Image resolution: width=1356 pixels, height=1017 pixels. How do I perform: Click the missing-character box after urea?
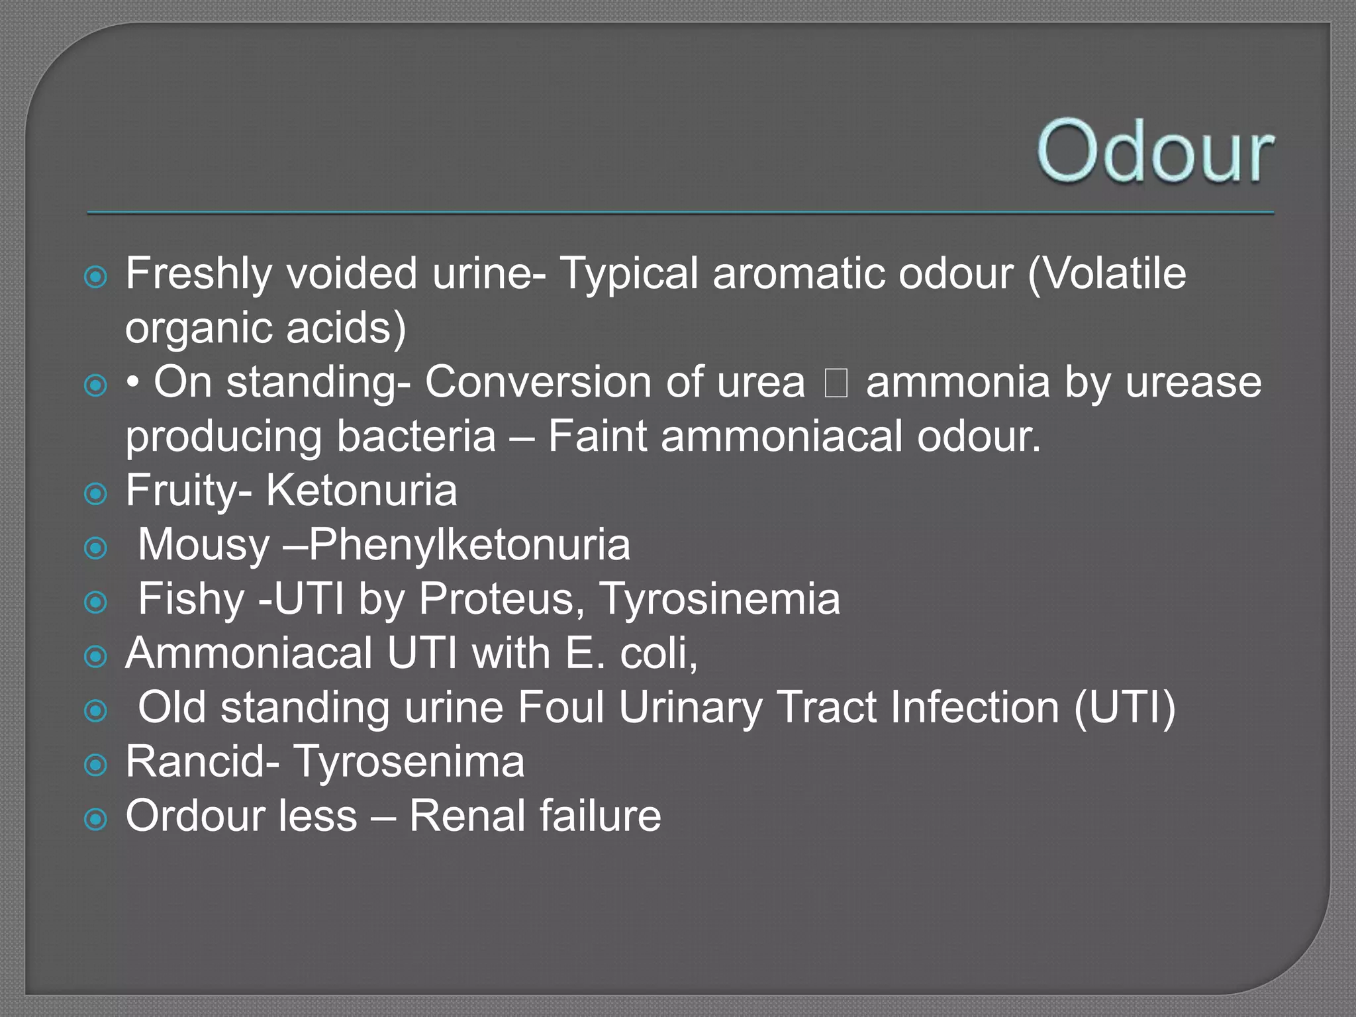pyautogui.click(x=836, y=383)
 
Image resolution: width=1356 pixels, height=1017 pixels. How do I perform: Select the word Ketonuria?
pyautogui.click(x=362, y=491)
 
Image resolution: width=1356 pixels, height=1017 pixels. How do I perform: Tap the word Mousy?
pyautogui.click(x=203, y=545)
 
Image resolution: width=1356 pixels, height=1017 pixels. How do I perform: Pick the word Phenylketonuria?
pyautogui.click(x=469, y=545)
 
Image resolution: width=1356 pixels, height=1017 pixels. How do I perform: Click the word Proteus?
pyautogui.click(x=501, y=599)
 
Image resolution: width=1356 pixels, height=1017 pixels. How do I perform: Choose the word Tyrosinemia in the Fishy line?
pyautogui.click(x=720, y=599)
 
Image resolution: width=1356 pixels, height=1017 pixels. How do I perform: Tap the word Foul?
pyautogui.click(x=561, y=707)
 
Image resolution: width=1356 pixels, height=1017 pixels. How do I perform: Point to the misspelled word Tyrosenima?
pyautogui.click(x=409, y=761)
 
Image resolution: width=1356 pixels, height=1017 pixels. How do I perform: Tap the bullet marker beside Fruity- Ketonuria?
pyautogui.click(x=96, y=493)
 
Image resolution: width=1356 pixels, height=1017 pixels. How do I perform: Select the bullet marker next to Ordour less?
pyautogui.click(x=96, y=819)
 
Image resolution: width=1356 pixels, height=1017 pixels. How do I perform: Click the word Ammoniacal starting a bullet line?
pyautogui.click(x=249, y=654)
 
